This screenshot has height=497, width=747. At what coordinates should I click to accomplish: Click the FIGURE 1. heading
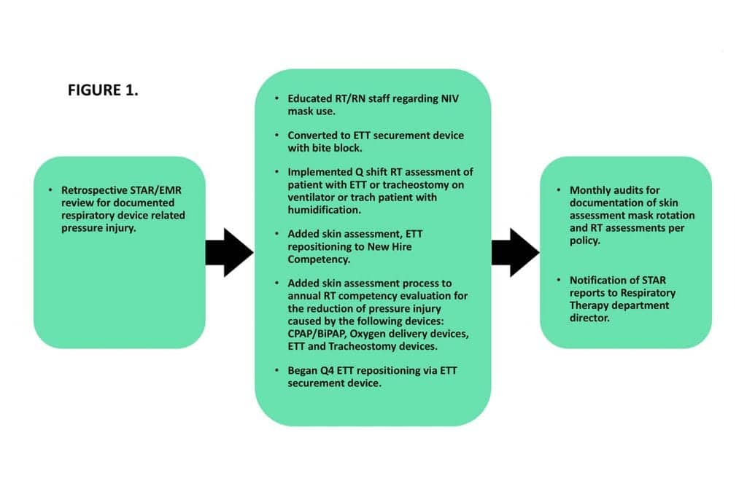point(103,90)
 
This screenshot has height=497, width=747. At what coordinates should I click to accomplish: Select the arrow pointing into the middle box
point(229,252)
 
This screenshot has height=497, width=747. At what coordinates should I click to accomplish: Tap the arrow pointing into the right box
point(516,252)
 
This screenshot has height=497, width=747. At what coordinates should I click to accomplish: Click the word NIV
point(450,98)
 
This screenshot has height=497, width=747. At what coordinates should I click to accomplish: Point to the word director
point(589,318)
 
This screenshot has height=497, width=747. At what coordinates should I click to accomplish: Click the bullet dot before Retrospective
point(50,190)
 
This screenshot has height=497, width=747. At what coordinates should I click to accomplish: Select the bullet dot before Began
point(276,370)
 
